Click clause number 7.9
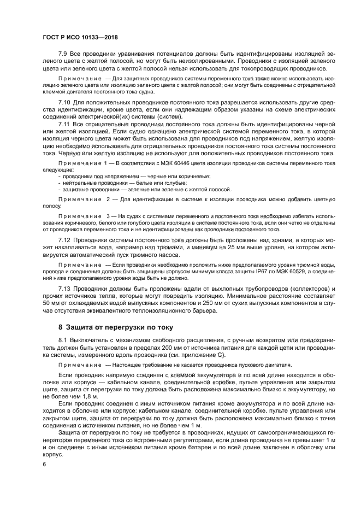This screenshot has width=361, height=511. click(x=64, y=55)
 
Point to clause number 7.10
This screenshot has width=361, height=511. click(x=65, y=102)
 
